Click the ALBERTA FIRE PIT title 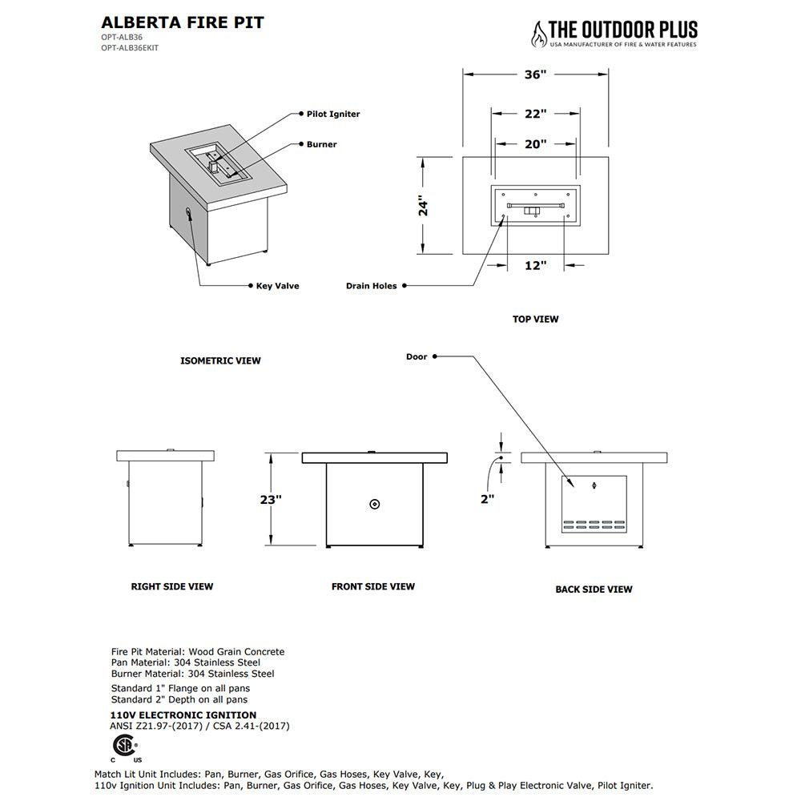[183, 22]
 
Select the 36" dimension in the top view [535, 74]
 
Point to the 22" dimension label [535, 114]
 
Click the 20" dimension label [535, 144]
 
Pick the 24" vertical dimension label [424, 206]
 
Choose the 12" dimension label [535, 265]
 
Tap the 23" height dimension [272, 499]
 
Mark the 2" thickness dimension [487, 498]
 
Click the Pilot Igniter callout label [333, 115]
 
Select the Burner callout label [321, 145]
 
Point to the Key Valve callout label [277, 286]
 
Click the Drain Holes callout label [372, 286]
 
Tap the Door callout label [417, 356]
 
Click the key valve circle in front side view [375, 504]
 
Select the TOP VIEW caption [535, 320]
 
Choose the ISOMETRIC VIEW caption [220, 361]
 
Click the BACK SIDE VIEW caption [594, 590]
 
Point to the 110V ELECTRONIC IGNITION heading [183, 715]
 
